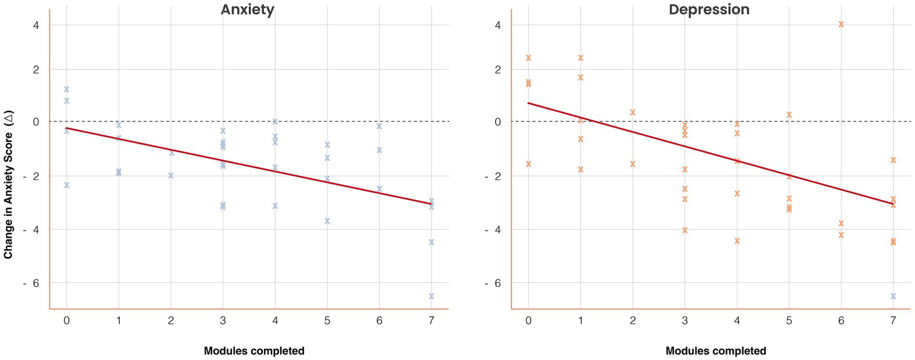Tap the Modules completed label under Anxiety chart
[x=254, y=350]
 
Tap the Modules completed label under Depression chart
[x=716, y=350]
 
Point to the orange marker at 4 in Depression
[x=841, y=24]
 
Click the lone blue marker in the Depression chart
[x=893, y=296]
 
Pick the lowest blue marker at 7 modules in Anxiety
[x=431, y=296]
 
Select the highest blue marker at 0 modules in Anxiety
[x=67, y=89]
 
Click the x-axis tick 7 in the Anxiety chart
[x=431, y=321]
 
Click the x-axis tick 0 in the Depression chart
[x=528, y=321]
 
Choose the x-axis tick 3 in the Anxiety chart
[x=223, y=321]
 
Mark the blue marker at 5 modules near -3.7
[x=327, y=221]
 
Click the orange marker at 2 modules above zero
[x=632, y=112]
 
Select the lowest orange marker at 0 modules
[x=528, y=164]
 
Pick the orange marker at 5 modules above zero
[x=789, y=114]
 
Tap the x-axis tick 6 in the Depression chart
[x=841, y=321]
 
